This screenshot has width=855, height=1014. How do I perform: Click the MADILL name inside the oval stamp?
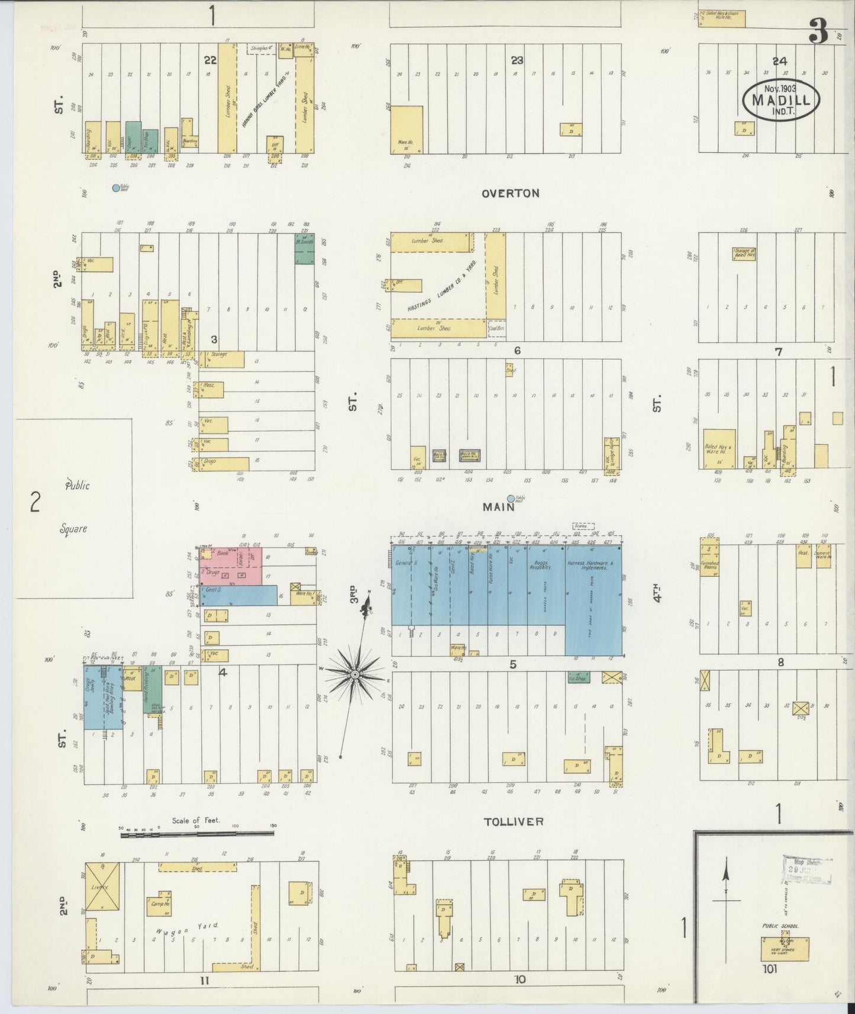(x=780, y=100)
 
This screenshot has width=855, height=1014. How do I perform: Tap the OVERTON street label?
(x=510, y=193)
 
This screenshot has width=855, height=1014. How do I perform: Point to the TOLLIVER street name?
(x=513, y=821)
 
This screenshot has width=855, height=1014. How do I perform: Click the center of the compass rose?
(x=354, y=674)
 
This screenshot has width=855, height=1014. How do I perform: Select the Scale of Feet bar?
(x=197, y=834)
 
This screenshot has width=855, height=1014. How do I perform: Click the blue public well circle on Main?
(x=511, y=499)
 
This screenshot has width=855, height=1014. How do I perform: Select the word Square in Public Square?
(x=73, y=528)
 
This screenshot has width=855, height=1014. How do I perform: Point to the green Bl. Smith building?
(x=305, y=248)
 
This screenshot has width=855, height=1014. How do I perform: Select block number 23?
(x=517, y=60)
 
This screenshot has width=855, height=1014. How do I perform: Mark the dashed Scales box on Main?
(x=583, y=525)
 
